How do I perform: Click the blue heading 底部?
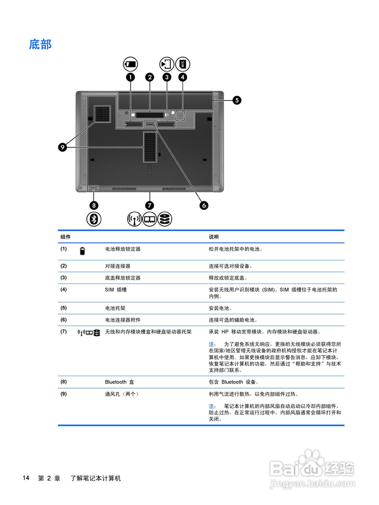(x=40, y=44)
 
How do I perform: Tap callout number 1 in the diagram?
(x=130, y=77)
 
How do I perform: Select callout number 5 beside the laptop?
(x=237, y=100)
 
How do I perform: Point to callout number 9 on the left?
(x=62, y=148)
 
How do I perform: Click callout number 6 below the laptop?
(x=204, y=205)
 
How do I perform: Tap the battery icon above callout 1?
(x=130, y=64)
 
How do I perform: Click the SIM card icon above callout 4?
(x=183, y=64)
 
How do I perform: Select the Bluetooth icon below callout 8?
(x=94, y=219)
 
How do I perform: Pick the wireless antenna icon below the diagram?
(x=134, y=219)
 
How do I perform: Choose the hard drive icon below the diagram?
(x=165, y=219)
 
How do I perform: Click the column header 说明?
(x=214, y=237)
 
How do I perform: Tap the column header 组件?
(x=65, y=237)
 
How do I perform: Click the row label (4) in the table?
(x=63, y=289)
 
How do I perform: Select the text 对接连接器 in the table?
(x=118, y=266)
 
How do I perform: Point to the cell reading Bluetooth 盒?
(x=119, y=382)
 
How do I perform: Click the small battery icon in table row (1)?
(x=82, y=251)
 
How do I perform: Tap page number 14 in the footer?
(x=26, y=478)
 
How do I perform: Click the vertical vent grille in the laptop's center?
(x=150, y=147)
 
